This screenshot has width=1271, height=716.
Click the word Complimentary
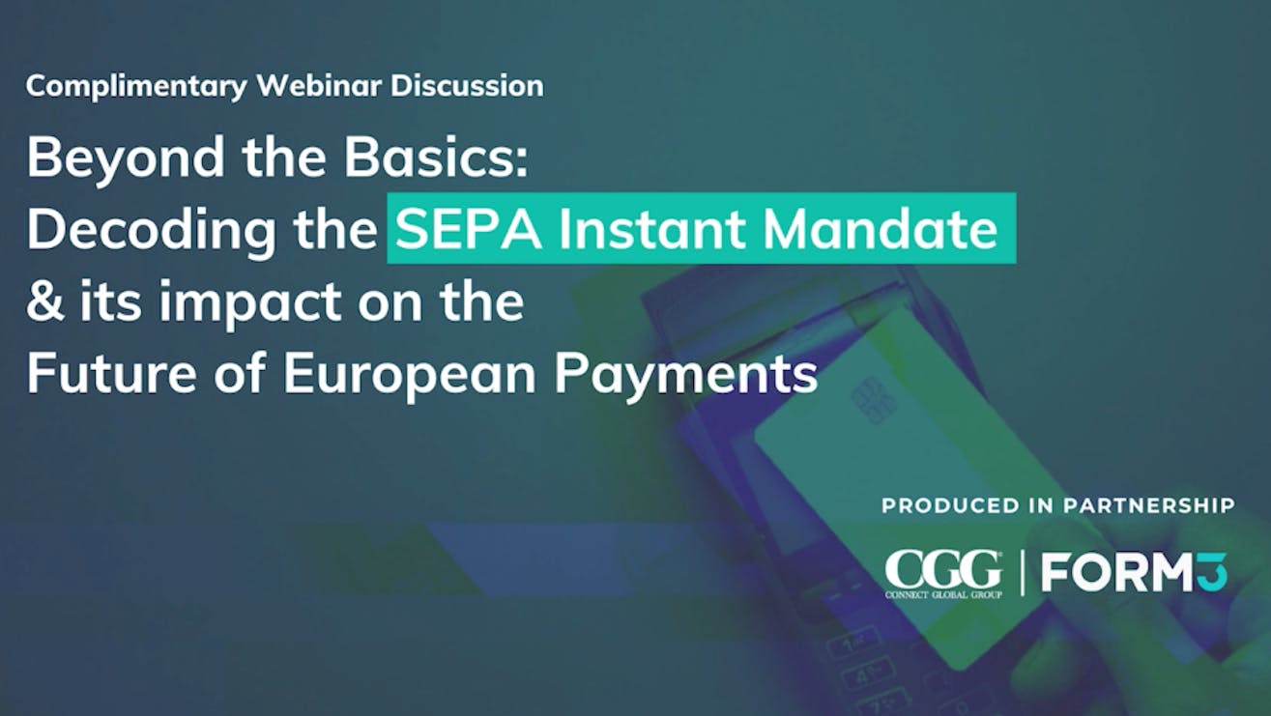click(x=136, y=87)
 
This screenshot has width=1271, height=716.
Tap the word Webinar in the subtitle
click(x=319, y=86)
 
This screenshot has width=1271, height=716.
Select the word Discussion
click(x=467, y=86)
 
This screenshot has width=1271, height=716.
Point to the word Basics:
click(x=436, y=157)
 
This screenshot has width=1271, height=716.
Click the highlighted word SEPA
click(x=469, y=229)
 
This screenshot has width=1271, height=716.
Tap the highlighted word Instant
click(x=651, y=229)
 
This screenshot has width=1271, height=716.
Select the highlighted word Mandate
click(x=880, y=229)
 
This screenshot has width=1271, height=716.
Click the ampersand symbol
click(x=45, y=301)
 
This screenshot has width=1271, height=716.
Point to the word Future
click(x=112, y=373)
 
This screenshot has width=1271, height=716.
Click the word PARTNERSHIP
click(x=1149, y=505)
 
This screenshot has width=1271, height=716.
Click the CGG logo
click(x=943, y=574)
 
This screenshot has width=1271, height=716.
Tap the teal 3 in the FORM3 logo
click(x=1213, y=572)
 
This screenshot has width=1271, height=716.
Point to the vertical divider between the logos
click(x=1023, y=573)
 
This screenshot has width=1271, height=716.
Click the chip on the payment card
click(x=874, y=401)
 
